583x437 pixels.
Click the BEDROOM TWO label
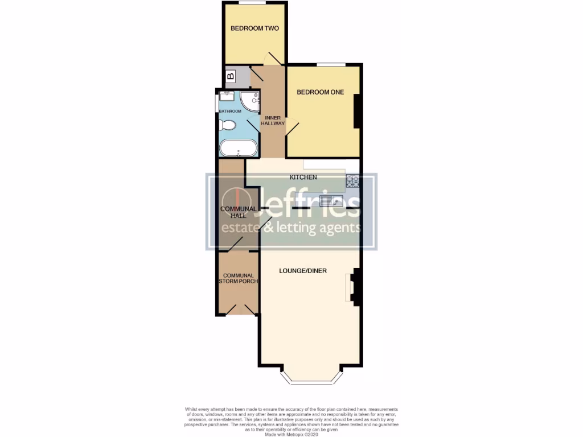(254, 28)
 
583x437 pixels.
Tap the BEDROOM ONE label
(321, 92)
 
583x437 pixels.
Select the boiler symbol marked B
(231, 76)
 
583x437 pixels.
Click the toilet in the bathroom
(228, 125)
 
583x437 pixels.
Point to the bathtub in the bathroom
(238, 148)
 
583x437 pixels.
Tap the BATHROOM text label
(231, 111)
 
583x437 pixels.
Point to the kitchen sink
(331, 200)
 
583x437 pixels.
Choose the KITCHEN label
(303, 178)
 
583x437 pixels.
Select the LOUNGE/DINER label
(303, 271)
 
